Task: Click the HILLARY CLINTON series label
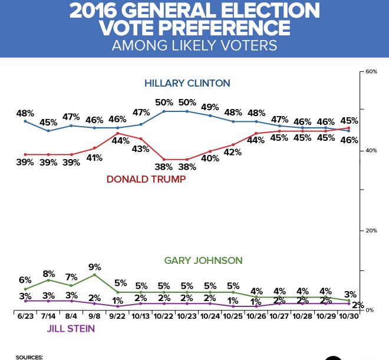click(x=187, y=82)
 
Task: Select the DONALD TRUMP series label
click(x=146, y=179)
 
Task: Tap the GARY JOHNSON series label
click(x=203, y=260)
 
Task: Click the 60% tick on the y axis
click(x=371, y=71)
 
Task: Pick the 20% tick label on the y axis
click(x=371, y=230)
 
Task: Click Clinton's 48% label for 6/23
click(x=25, y=113)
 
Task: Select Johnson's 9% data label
click(x=94, y=266)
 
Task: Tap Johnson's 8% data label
click(x=48, y=273)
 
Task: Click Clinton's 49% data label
click(x=210, y=107)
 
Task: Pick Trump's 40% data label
click(x=210, y=158)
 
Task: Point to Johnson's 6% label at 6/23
click(x=24, y=280)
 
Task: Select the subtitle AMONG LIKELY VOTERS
click(x=194, y=45)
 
